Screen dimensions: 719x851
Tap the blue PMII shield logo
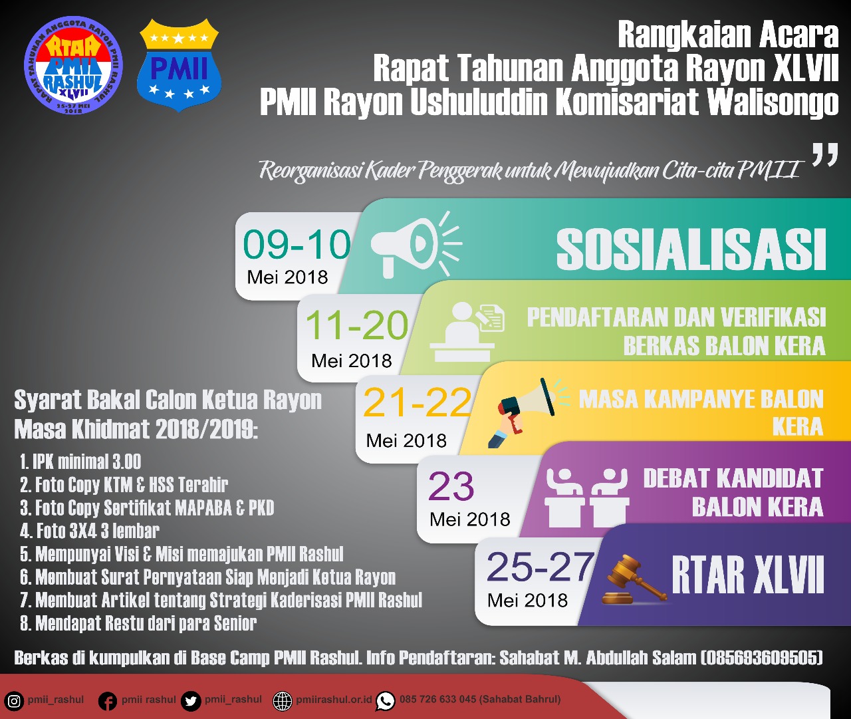point(179,65)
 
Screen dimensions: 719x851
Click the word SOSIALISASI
point(691,249)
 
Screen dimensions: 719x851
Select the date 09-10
point(297,245)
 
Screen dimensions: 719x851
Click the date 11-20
point(357,326)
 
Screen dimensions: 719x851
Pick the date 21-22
point(418,403)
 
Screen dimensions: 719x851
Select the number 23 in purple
point(451,486)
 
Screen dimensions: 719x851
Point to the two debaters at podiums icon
point(586,498)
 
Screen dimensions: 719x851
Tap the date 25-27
point(541,567)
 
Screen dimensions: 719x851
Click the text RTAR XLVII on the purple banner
point(747,576)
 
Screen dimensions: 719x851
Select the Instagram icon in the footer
point(14,701)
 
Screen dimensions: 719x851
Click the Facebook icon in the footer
point(108,701)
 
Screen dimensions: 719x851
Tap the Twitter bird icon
point(191,701)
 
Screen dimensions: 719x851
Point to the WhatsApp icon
point(386,701)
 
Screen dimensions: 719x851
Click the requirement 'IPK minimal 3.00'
point(80,462)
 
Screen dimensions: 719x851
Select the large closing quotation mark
point(824,155)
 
